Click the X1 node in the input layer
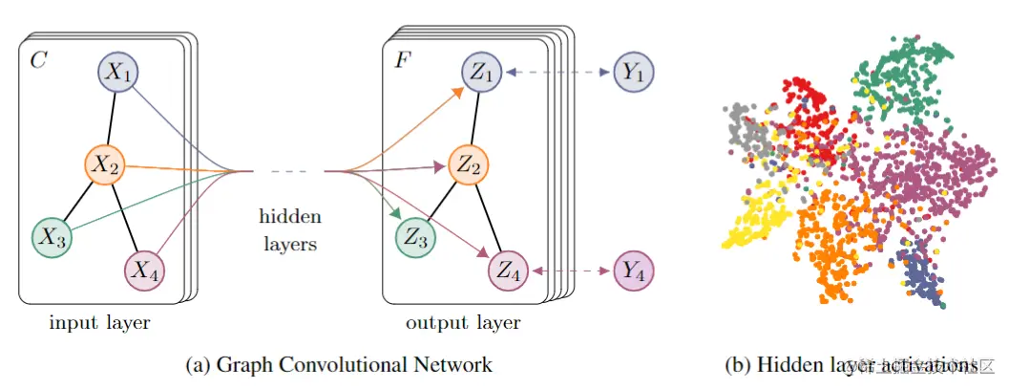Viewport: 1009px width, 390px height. coord(119,73)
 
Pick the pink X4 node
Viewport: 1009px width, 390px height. coord(145,271)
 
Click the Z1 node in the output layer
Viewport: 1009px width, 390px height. coord(483,73)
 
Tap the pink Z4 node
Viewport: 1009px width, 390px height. coord(509,271)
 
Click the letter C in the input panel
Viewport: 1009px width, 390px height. coord(38,61)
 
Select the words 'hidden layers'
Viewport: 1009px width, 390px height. coord(290,230)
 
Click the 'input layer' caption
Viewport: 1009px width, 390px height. coord(99,323)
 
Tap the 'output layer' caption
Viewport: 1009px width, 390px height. coord(463,323)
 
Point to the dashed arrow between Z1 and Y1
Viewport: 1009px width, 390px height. coord(558,73)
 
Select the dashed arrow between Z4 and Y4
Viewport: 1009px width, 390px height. coord(571,271)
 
